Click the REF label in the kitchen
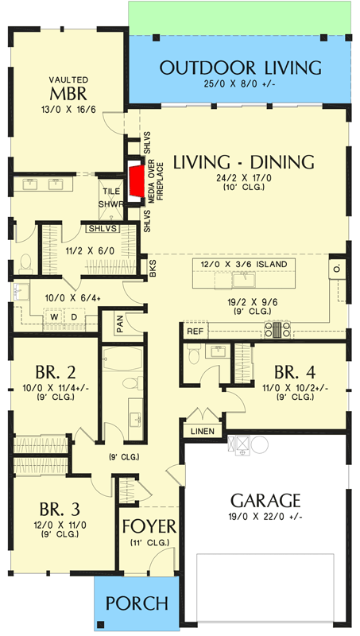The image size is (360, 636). [x=195, y=330]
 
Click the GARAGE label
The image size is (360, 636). [x=265, y=501]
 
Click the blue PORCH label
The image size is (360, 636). [x=137, y=603]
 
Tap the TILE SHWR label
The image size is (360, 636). [x=110, y=196]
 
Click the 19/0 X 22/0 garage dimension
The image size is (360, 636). [x=265, y=518]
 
